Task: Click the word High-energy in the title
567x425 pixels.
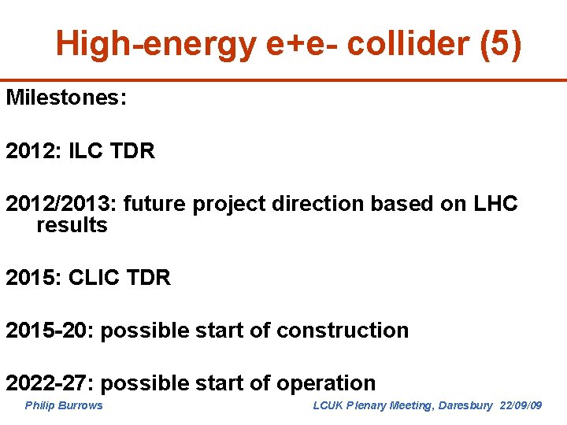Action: tap(156, 45)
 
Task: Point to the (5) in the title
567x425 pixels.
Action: tap(500, 45)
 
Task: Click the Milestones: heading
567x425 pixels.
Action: tap(67, 98)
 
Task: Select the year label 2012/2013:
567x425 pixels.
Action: tap(61, 204)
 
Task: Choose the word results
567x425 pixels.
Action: tap(72, 225)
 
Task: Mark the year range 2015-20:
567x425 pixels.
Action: tap(50, 331)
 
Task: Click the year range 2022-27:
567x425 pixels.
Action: tap(50, 383)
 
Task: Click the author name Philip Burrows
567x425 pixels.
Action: tap(64, 405)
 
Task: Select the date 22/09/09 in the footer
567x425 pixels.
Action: tap(521, 405)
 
